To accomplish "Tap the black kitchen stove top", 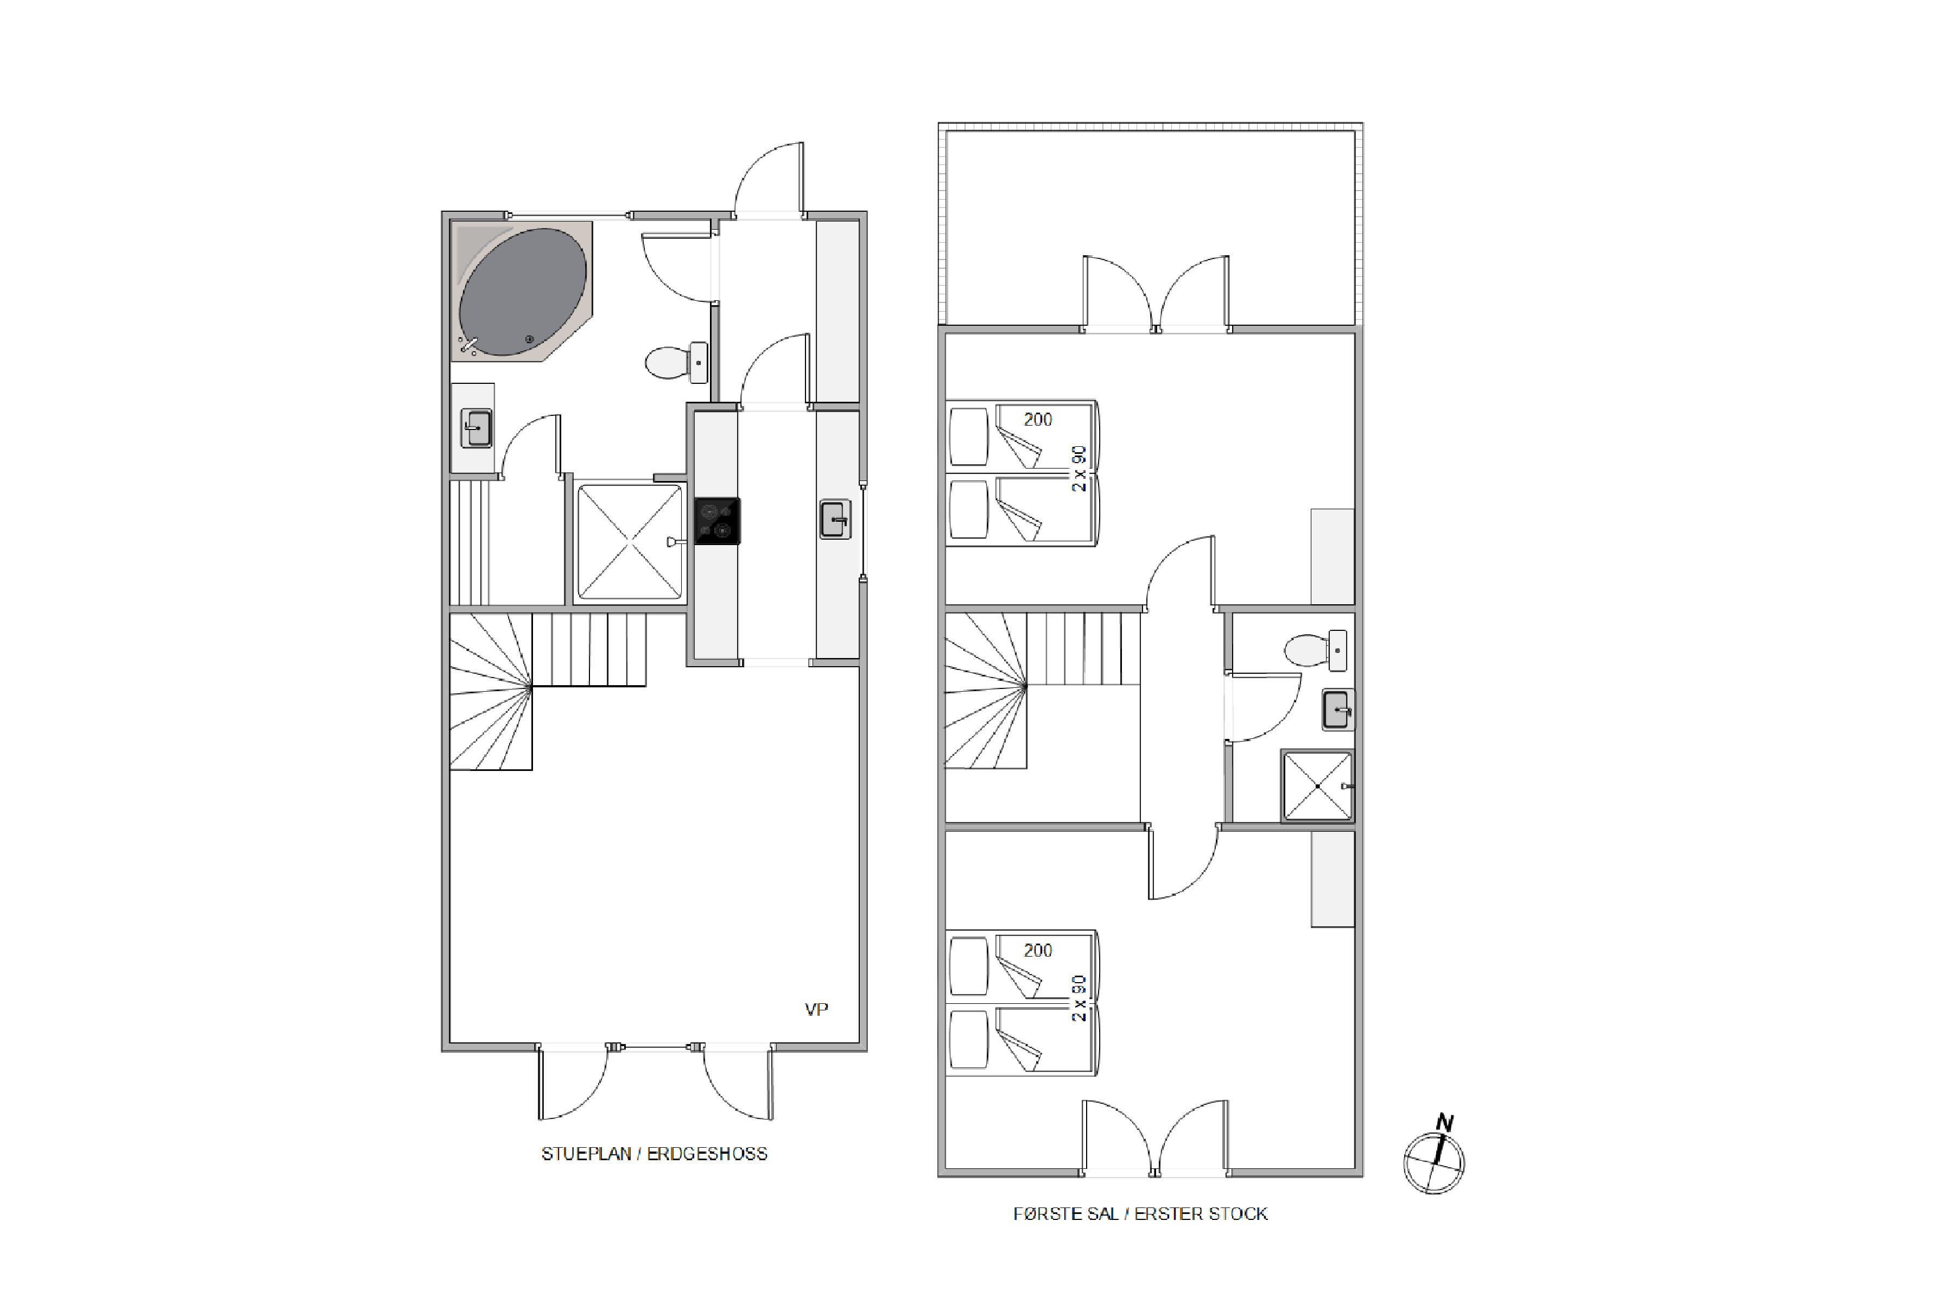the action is pos(717,521).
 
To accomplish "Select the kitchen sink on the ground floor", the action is pos(835,520).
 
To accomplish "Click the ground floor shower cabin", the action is pos(630,542).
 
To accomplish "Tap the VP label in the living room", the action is pos(816,1010).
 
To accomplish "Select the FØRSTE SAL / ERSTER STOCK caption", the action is pos(1140,1214).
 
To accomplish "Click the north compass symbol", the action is pos(1435,1157).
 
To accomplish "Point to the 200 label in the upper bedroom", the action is pos(1038,420).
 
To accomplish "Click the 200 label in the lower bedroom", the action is pos(1038,951).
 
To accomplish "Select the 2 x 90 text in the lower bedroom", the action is pos(1078,998).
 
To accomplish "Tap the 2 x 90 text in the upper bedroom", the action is pos(1078,469).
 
